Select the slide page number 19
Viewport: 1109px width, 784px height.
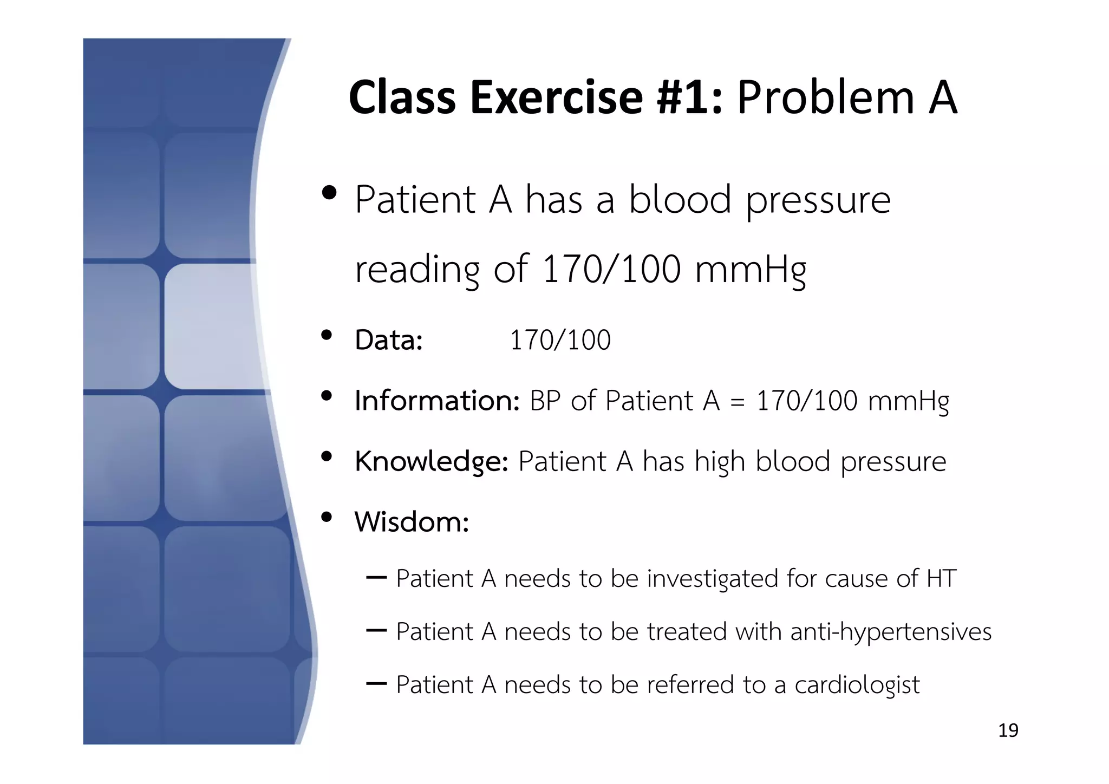(x=1008, y=730)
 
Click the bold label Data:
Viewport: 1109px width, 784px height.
(x=388, y=341)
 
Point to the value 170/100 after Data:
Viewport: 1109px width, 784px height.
(x=560, y=341)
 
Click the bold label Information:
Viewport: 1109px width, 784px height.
(x=437, y=401)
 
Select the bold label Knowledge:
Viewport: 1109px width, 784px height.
(x=431, y=462)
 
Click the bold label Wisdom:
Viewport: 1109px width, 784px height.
(x=412, y=522)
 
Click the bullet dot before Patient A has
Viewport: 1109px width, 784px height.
(x=329, y=193)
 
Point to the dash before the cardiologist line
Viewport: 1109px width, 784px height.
(x=376, y=684)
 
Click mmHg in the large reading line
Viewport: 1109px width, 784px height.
(x=751, y=270)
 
